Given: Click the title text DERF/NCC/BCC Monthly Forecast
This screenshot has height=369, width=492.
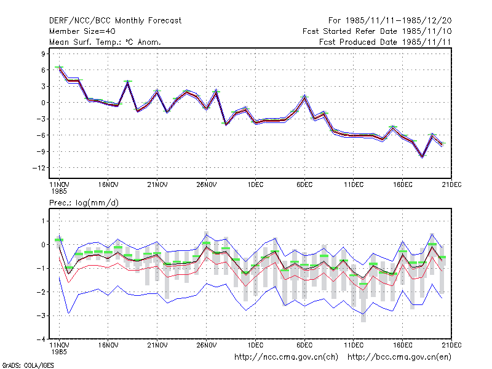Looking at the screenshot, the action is point(115,21).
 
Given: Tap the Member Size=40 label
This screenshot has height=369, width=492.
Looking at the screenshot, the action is point(82,31).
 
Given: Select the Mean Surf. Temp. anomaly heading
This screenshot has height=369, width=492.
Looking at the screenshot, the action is point(105,42).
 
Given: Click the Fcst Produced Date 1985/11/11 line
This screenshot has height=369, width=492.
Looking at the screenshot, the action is point(385,42).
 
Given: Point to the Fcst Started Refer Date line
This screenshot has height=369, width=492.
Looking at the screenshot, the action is point(377,31).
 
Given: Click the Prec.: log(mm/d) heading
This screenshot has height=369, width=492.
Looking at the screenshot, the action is point(84,203).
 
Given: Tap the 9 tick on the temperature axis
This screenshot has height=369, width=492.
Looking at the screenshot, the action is point(43,54).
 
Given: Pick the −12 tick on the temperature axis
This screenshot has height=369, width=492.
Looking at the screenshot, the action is point(39,168).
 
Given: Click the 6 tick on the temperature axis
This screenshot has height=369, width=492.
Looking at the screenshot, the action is point(43,70).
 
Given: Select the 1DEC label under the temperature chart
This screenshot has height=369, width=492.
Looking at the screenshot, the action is point(255,184).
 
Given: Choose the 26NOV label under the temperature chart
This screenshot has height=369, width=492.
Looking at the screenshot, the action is point(207,184).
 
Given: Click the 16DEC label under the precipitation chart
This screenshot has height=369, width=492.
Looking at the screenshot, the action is point(403,345).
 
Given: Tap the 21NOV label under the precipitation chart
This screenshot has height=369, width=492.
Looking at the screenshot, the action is point(157,345).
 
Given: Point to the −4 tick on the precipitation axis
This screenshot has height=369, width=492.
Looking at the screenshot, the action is point(41,339).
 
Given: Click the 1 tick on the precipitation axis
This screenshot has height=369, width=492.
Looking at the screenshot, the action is point(43,221).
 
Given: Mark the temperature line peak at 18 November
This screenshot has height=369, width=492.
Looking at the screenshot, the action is point(128,82).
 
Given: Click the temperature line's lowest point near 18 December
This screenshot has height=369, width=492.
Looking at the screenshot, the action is point(423,157).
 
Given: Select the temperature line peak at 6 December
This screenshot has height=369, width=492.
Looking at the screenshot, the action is point(304,97).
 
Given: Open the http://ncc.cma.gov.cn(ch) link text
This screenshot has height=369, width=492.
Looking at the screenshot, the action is point(286,357).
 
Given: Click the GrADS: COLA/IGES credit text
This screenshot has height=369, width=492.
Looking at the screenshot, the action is point(28,365).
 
